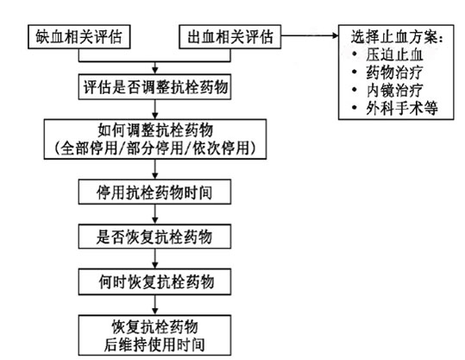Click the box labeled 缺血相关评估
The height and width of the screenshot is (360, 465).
pos(79,37)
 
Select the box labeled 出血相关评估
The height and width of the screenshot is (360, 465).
pos(230,37)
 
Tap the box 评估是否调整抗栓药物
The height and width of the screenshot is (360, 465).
pos(154,87)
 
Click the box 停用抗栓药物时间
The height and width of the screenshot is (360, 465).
pos(154,192)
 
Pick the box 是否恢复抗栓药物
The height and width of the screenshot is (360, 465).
pos(154,237)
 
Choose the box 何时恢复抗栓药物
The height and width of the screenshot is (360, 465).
pos(154,281)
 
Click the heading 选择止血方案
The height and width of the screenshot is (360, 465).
pos(397,37)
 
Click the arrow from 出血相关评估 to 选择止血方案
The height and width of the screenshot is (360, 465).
pos(310,35)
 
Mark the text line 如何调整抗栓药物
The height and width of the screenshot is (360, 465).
pos(155,130)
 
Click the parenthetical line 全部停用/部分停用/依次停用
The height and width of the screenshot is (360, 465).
pos(155,148)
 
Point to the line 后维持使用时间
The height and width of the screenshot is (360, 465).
pos(154,344)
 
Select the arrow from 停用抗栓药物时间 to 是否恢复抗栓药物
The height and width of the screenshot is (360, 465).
pos(154,214)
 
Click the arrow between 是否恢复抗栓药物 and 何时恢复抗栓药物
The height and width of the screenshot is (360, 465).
pos(154,259)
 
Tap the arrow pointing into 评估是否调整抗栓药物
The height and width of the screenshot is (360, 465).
pos(154,68)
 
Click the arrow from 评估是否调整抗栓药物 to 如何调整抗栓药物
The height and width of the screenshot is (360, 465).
pos(154,110)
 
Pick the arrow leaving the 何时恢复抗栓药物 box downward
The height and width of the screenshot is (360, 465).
pos(154,305)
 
